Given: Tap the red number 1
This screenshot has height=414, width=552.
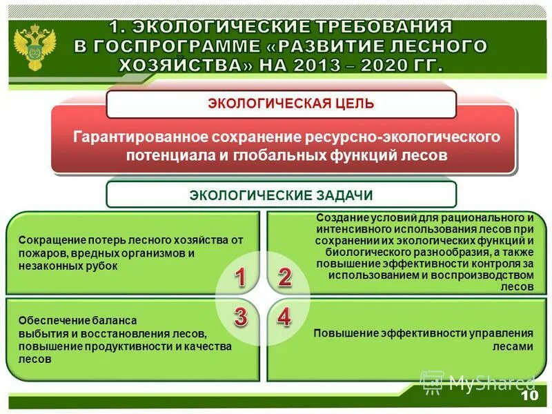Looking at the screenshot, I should [x=240, y=278].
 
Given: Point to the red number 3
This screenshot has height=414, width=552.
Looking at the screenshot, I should [x=240, y=317].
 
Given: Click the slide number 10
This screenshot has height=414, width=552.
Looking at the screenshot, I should [x=529, y=397].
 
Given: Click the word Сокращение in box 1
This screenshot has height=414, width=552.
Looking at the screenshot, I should [x=49, y=241].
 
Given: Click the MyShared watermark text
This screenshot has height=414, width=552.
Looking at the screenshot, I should [x=491, y=382].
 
